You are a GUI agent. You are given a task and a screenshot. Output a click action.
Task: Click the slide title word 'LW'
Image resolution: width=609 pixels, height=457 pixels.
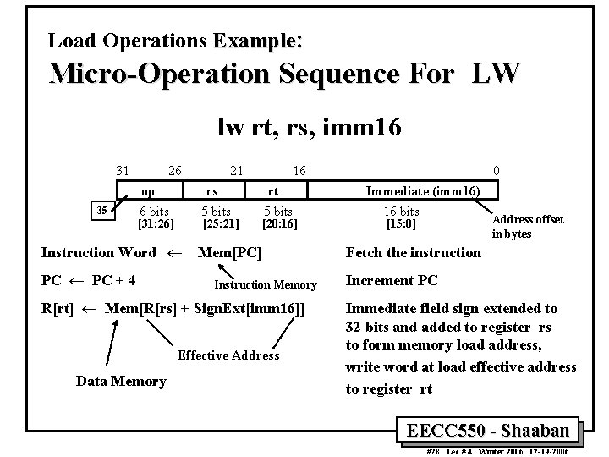[x=491, y=74]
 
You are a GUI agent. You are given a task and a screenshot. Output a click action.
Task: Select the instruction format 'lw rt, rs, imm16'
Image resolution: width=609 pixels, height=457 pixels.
[x=309, y=128]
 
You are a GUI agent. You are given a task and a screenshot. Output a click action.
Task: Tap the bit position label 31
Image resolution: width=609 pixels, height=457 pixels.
[x=123, y=171]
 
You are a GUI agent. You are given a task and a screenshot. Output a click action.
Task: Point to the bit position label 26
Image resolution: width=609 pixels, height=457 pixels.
[x=176, y=171]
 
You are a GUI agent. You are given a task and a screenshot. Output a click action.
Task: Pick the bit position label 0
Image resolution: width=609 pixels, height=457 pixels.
[x=496, y=171]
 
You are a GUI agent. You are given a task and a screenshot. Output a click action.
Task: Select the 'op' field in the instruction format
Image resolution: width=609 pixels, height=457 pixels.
[x=147, y=192]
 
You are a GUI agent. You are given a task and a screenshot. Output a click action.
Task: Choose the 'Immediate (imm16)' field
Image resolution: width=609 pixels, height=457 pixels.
[x=422, y=192]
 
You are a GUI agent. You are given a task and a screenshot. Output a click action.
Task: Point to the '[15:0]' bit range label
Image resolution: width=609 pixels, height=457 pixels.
[x=401, y=224]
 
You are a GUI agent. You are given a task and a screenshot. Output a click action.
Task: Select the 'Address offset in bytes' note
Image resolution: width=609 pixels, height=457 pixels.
[x=527, y=226]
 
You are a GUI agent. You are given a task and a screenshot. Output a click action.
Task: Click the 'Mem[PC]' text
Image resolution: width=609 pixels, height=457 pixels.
[x=229, y=252]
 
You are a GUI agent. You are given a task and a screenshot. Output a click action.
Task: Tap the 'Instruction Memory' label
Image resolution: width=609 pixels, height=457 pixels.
[x=266, y=285]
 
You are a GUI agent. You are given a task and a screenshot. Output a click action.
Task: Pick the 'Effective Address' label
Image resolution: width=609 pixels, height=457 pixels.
[x=228, y=355]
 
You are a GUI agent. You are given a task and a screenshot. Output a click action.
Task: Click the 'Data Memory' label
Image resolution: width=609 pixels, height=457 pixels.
[x=121, y=382]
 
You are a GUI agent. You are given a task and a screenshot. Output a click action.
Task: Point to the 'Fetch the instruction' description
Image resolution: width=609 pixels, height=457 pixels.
[x=414, y=252]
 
